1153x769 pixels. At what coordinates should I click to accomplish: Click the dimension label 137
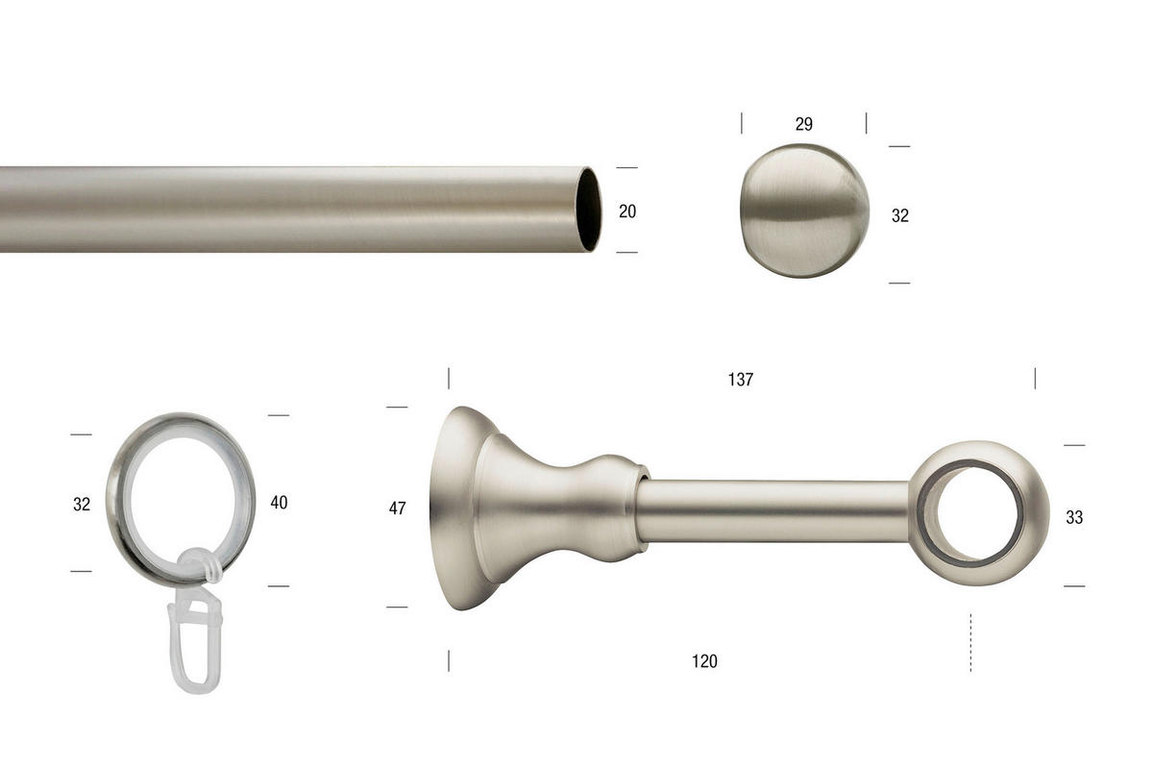pos(740,380)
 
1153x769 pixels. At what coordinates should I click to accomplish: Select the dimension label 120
pos(704,661)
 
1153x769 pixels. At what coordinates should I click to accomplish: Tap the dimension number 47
pos(398,509)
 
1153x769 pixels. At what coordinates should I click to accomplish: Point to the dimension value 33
pos(1074,517)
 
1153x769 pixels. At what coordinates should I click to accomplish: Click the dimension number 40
pos(279,502)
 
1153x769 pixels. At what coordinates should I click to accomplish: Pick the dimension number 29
pos(804,124)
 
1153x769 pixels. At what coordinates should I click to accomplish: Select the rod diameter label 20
pos(627,211)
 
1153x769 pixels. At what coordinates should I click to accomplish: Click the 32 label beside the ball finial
pos(900,216)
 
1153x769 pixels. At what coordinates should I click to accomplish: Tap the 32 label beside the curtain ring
pos(82,504)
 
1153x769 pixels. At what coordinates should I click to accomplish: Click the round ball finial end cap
pos(804,211)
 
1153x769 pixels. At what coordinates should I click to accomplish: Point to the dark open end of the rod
pos(589,209)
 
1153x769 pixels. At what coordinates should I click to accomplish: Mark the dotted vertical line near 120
pos(970,642)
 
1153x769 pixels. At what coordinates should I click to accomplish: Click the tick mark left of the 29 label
pos(742,123)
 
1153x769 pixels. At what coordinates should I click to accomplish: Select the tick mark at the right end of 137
pos(1035,378)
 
